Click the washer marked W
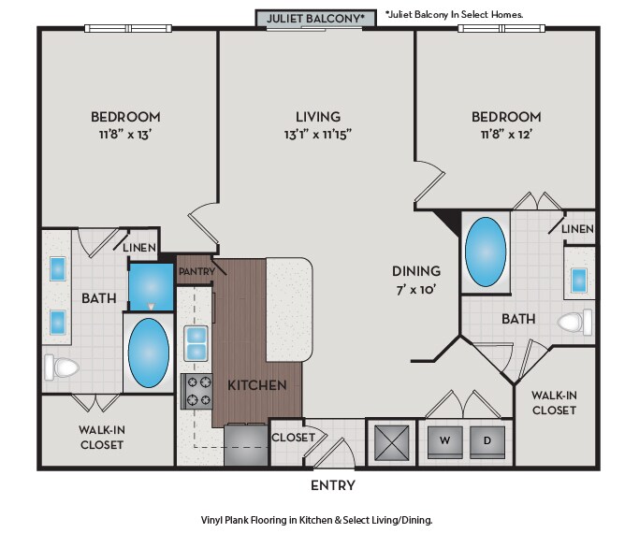coord(445,441)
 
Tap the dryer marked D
coord(487,441)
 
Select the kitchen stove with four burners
coord(196,391)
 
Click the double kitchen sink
coord(196,343)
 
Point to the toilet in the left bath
coord(62,367)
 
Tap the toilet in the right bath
coord(574,322)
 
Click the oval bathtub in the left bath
coord(149,353)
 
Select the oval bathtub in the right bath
coord(486,252)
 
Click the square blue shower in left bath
coord(152,287)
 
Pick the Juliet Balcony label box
coord(316,19)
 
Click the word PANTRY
coord(196,271)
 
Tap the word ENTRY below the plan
coord(333,485)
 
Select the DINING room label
coord(416,271)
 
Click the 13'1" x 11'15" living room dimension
coord(318,134)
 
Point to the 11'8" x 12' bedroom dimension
coord(506,134)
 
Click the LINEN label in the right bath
coord(577,229)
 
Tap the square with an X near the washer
coord(392,442)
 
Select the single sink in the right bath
coord(579,281)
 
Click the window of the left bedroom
coord(128,28)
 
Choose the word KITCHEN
coord(257,385)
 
